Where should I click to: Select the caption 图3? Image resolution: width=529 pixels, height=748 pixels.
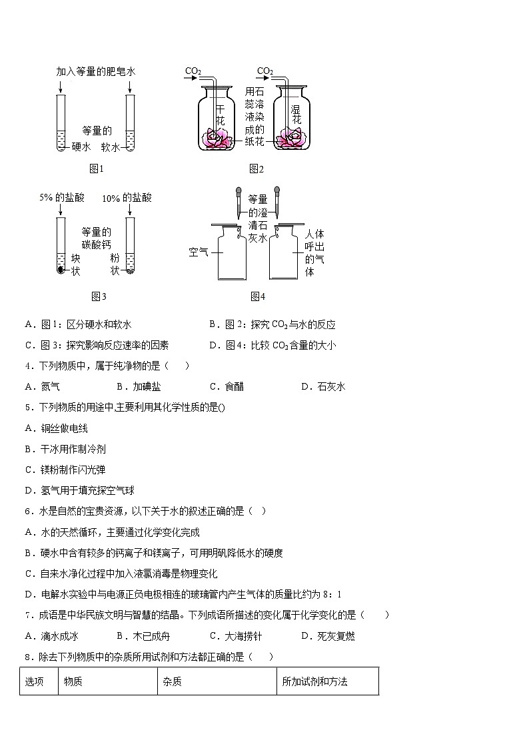(x=99, y=296)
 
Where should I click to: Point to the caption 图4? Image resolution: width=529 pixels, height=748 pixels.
(x=258, y=296)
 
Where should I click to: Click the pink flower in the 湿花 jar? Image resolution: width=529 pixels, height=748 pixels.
(x=291, y=137)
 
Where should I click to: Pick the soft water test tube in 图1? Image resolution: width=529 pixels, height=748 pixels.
(x=130, y=123)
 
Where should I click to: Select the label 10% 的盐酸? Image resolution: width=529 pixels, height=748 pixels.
(x=127, y=198)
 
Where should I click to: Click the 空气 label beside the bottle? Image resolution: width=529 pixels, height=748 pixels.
(x=198, y=252)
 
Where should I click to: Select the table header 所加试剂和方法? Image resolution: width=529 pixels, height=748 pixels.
(x=314, y=681)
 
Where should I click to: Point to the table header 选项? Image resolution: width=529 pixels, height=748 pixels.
(x=35, y=681)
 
